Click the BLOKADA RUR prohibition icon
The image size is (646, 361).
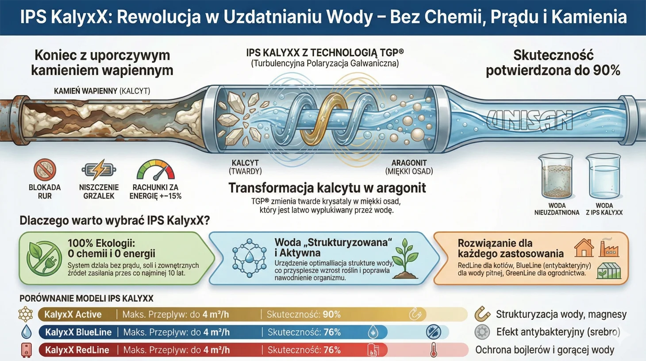point(45,170)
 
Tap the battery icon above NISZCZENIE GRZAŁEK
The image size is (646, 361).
point(99,170)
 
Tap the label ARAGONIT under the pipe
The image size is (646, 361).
point(409,163)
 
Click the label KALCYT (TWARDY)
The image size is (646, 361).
point(245,167)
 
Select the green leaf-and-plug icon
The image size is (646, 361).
point(43,258)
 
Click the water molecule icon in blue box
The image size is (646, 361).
point(250,258)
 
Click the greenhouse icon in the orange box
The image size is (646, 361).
point(609,270)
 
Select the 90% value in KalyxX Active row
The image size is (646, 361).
point(332,314)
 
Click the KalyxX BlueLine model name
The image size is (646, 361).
point(78,332)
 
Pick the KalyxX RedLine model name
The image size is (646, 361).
point(77,350)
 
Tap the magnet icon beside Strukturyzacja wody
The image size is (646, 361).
point(482,314)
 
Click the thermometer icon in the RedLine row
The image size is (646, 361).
point(434,350)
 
